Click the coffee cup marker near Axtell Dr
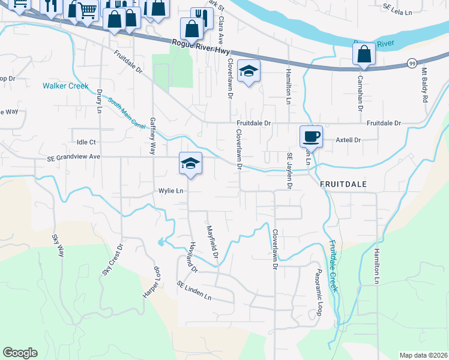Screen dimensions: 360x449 [311, 137]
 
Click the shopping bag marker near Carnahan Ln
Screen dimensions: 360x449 [364, 55]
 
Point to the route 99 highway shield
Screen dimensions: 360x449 [412, 62]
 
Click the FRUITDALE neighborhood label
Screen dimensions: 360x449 [343, 182]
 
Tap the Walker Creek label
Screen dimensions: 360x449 [65, 86]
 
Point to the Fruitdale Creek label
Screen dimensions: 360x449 [333, 266]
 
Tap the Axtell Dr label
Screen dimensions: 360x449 [348, 140]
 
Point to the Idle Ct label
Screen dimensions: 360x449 [86, 142]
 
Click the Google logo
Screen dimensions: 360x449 [20, 353]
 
